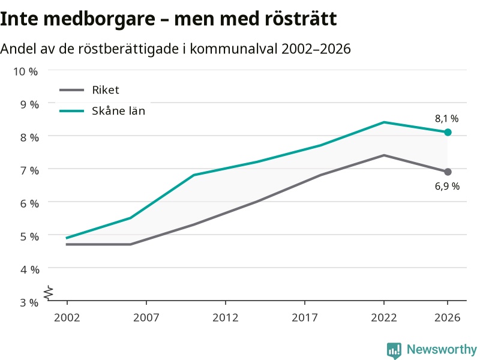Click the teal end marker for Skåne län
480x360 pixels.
pos(448,132)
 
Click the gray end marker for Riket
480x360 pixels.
pos(448,172)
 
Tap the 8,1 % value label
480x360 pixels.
pos(446,119)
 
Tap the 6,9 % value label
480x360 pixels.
pos(447,186)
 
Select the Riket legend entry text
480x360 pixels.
pos(106,90)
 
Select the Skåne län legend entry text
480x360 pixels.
pos(118,111)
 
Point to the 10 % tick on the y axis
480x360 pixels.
pos(25,71)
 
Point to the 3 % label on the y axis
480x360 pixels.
pos(29,303)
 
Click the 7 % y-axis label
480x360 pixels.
pos(29,170)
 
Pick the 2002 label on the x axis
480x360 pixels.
pos(67,317)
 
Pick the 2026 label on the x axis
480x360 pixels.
pos(447,317)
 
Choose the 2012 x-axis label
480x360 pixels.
pos(226,317)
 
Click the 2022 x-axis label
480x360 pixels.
pos(384,317)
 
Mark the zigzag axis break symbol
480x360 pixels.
pos(49,292)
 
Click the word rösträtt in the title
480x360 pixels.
pos(301,19)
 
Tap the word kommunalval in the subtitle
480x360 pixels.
pos(233,49)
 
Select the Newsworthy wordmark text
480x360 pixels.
pos(442,349)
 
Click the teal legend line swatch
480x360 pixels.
pos(71,111)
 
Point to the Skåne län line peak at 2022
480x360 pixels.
pos(384,122)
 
